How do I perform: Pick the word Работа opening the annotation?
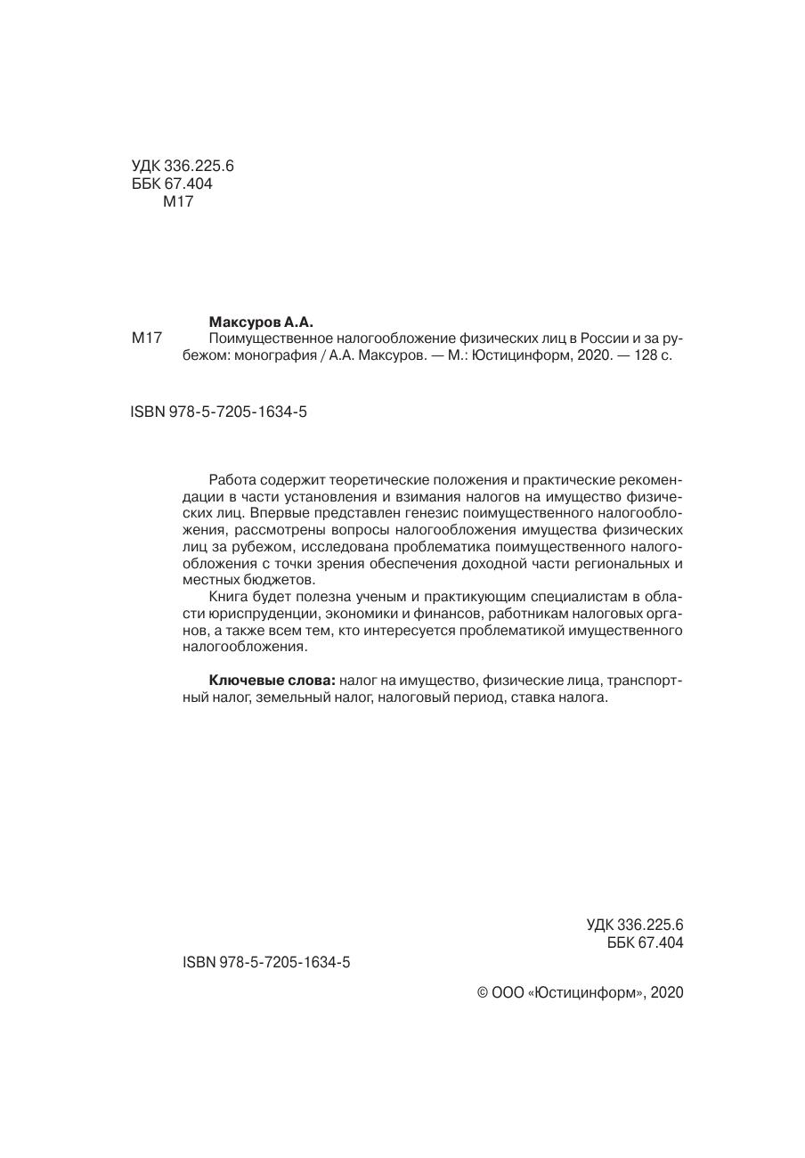[x=232, y=479]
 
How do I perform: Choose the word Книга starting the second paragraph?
[x=229, y=597]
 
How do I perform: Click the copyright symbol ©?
[x=484, y=992]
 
